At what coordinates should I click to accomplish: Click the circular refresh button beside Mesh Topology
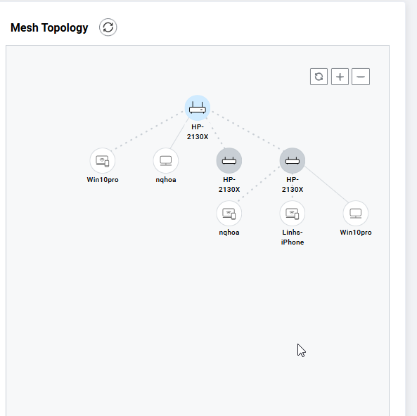click(108, 27)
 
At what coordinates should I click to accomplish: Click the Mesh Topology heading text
click(49, 27)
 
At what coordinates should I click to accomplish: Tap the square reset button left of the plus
click(319, 77)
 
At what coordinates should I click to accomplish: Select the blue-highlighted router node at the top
click(198, 108)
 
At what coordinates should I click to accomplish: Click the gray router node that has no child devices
click(229, 160)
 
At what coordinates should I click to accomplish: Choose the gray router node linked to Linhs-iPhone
click(293, 160)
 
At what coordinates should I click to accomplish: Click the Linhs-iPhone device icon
click(293, 213)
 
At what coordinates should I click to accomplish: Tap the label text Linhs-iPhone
click(293, 237)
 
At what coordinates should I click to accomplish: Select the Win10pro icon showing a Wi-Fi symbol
click(103, 160)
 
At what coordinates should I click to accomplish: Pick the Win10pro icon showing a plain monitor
click(356, 213)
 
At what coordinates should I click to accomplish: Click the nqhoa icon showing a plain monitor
click(166, 160)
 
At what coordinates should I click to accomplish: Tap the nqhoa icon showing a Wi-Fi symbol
click(229, 213)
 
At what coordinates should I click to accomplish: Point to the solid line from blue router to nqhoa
click(180, 133)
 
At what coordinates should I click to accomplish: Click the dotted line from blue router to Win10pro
click(148, 130)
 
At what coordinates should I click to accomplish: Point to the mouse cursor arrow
click(301, 351)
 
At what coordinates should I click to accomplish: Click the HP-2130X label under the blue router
click(198, 132)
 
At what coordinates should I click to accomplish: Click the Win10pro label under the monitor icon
click(356, 233)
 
